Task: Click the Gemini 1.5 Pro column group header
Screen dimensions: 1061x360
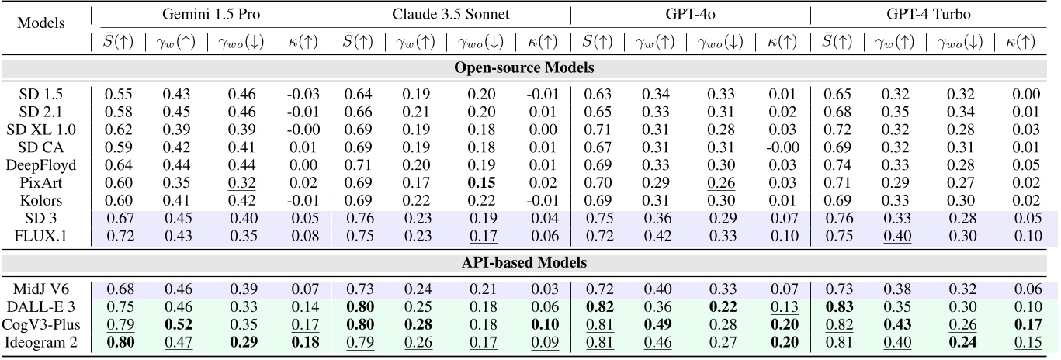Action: (211, 14)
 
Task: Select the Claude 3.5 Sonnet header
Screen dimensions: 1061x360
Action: (450, 14)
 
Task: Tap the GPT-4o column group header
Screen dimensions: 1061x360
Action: (690, 14)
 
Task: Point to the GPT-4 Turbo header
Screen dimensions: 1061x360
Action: (928, 14)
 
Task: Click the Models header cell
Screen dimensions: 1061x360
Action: (40, 22)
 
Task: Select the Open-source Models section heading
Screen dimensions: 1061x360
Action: (524, 67)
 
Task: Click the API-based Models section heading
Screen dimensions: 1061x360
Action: (524, 262)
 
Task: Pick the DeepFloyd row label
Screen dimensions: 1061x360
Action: (40, 165)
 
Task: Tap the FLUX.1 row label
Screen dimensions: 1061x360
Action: (40, 236)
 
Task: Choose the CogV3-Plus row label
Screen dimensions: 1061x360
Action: (40, 325)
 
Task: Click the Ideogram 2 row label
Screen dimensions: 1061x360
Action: (40, 342)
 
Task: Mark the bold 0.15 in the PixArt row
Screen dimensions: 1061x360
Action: (481, 183)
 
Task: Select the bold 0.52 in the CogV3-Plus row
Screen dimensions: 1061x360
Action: (178, 325)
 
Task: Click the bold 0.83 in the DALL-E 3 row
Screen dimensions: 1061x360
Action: (839, 307)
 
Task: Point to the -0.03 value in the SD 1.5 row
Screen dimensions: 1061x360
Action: (303, 94)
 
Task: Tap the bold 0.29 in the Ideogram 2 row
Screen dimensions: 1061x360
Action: (244, 342)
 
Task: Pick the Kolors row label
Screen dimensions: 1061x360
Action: (40, 200)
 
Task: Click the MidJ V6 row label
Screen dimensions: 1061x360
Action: (40, 289)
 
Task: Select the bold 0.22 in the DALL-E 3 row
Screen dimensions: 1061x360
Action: (723, 307)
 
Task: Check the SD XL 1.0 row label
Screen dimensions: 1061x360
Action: (40, 130)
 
